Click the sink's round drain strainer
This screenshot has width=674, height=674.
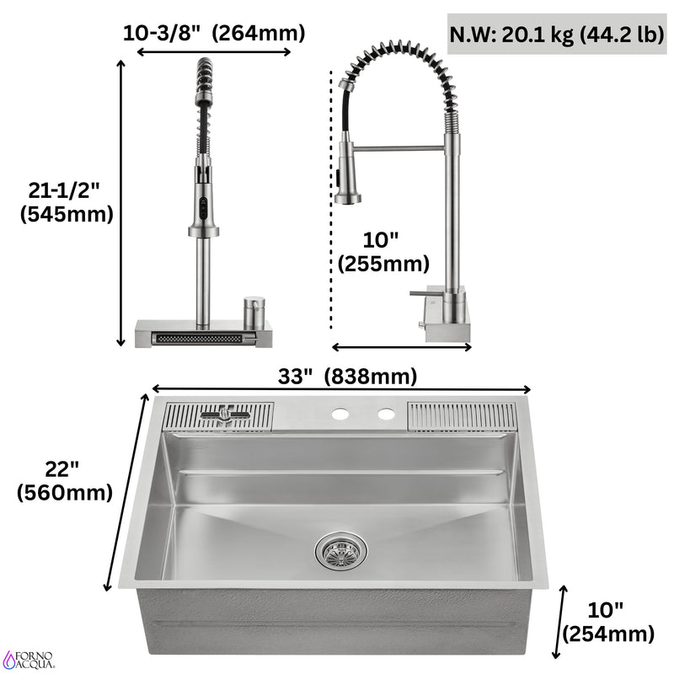(x=340, y=551)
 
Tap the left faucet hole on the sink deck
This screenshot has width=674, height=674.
(x=340, y=414)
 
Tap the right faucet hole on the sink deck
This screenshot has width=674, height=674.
(x=387, y=414)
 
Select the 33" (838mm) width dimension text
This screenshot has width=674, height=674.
(x=347, y=377)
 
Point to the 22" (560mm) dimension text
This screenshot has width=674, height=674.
(x=64, y=481)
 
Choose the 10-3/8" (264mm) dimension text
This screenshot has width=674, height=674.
(x=213, y=34)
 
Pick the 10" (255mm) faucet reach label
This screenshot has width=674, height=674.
(x=382, y=253)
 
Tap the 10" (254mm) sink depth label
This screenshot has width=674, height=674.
(x=607, y=622)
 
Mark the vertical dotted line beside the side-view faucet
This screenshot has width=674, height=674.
(x=330, y=202)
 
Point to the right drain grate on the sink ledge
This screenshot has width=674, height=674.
(x=463, y=416)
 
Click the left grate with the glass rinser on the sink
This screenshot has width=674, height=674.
(x=218, y=416)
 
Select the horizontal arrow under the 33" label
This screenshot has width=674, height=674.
(x=340, y=389)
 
